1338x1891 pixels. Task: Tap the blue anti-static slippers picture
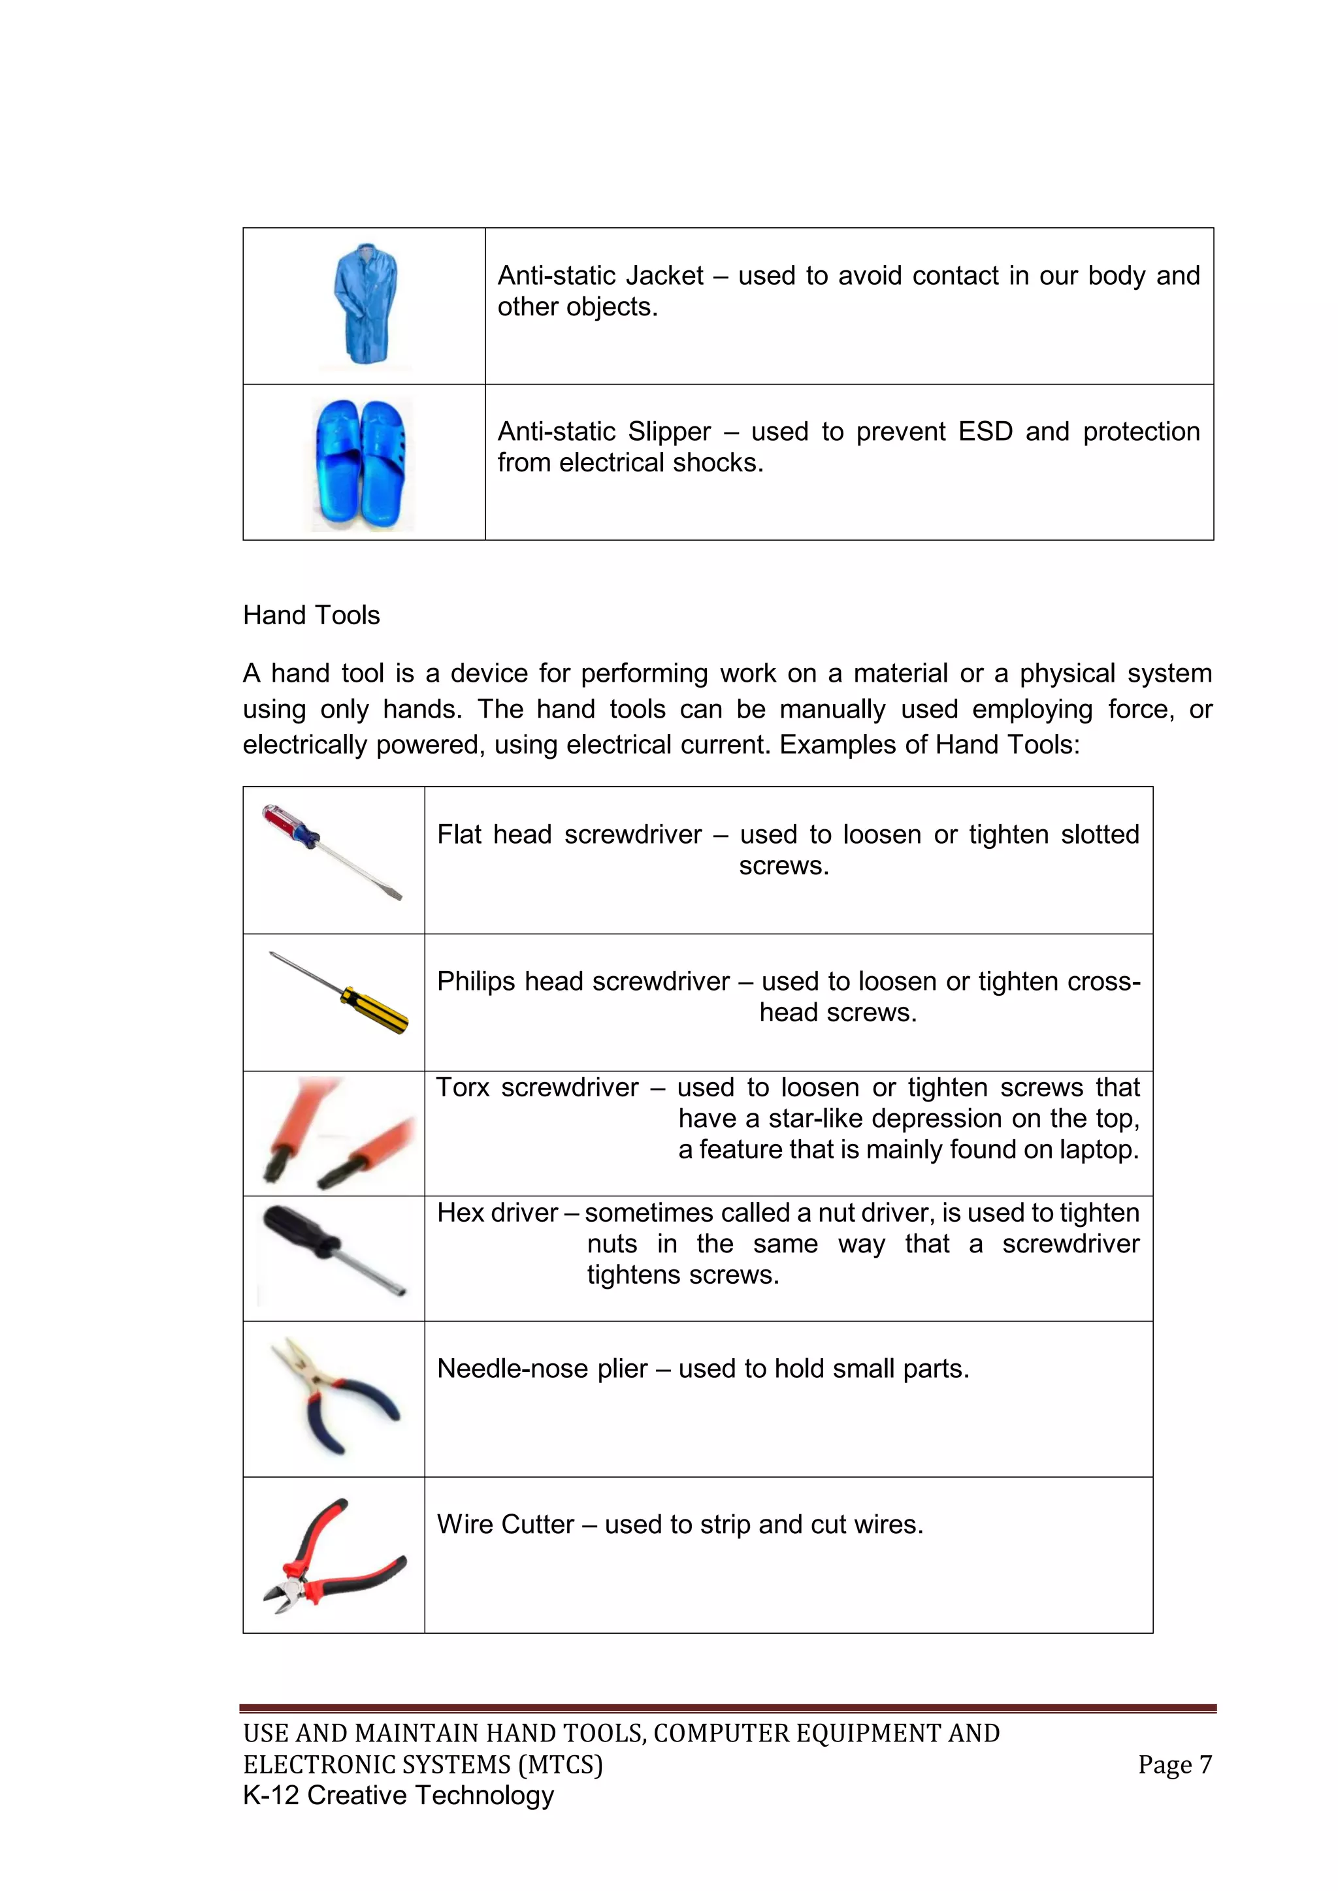[363, 464]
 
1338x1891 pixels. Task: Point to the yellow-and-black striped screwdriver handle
[376, 1009]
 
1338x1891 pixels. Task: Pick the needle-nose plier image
[334, 1395]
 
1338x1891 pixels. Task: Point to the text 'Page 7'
[1174, 1764]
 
